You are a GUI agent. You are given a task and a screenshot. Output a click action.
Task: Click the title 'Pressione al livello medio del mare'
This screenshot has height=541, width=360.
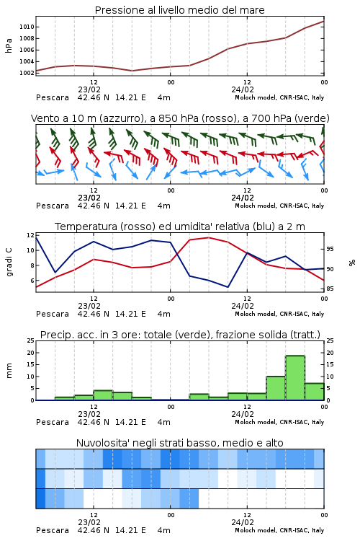(x=179, y=10)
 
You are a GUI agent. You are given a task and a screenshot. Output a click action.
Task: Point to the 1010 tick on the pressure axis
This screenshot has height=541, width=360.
(x=27, y=27)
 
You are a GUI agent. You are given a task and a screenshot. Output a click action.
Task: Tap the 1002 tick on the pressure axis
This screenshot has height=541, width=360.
(x=27, y=73)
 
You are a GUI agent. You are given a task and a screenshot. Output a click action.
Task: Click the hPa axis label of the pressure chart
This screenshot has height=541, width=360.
(x=9, y=45)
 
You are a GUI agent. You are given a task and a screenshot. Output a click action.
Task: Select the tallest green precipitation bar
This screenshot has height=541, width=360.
(x=295, y=378)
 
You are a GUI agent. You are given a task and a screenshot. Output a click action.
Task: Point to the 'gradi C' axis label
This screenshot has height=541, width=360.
(x=9, y=263)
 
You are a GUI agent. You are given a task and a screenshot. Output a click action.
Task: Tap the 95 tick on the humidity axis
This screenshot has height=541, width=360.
(x=330, y=249)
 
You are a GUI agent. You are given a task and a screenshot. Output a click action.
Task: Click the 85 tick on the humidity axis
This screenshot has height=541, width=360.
(x=330, y=289)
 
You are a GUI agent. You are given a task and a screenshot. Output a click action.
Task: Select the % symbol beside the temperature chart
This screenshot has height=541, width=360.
(x=352, y=263)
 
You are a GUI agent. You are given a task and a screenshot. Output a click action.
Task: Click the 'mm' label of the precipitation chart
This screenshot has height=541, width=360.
(x=9, y=370)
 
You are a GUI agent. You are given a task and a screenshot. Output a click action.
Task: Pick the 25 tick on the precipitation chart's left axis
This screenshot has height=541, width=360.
(x=31, y=340)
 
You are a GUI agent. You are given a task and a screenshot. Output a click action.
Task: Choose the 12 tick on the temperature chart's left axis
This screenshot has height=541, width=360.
(x=30, y=235)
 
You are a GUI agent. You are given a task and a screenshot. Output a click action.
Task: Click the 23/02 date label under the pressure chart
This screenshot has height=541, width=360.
(x=89, y=89)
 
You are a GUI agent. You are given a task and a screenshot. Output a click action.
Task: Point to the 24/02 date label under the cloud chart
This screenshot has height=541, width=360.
(x=243, y=522)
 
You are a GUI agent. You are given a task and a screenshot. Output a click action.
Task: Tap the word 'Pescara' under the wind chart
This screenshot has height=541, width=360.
(x=53, y=206)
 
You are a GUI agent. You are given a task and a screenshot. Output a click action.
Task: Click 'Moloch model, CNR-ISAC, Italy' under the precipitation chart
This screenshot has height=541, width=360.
(x=279, y=422)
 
